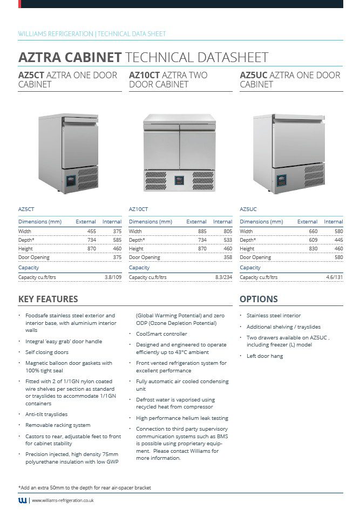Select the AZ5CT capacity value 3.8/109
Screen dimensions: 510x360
coord(113,277)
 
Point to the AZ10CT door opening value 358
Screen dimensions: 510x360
coord(227,257)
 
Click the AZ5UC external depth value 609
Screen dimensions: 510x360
coord(313,240)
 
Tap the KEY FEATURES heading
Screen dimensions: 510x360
coord(48,299)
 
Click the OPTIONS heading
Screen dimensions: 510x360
coord(259,299)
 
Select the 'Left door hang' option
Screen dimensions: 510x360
coord(264,356)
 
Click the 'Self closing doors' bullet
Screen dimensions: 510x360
coord(47,352)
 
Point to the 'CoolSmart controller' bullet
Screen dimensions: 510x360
coord(161,334)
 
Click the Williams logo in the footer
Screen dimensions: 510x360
coord(23,500)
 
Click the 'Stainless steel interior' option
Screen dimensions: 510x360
coord(274,316)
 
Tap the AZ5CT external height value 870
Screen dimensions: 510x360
coord(91,249)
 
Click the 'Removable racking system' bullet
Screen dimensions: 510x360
coord(58,425)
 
